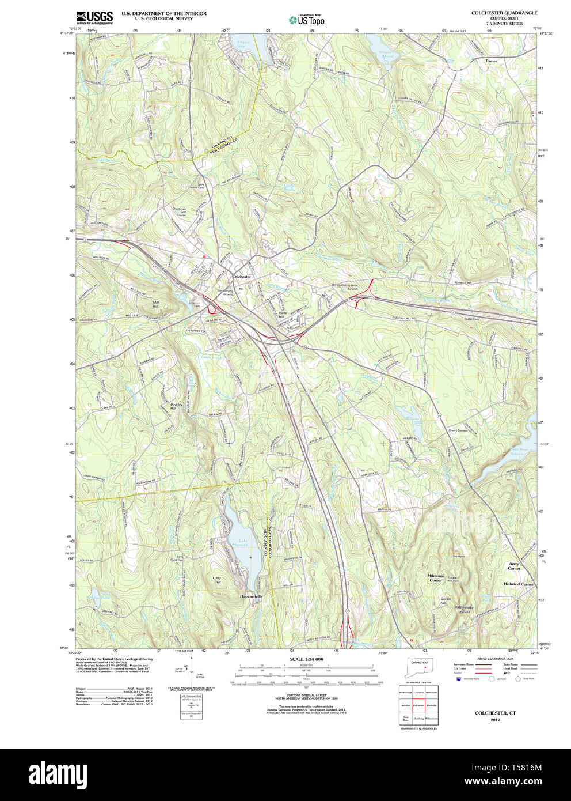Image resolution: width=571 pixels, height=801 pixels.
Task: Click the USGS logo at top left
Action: [x=94, y=17]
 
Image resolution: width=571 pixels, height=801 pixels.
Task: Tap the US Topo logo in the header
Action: [x=307, y=20]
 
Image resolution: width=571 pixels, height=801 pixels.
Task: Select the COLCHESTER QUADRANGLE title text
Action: [x=504, y=13]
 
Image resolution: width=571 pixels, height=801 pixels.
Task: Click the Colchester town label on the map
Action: [x=242, y=277]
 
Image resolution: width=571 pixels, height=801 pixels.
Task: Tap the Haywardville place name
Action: [x=252, y=596]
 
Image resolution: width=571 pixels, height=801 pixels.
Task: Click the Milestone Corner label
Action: [x=436, y=578]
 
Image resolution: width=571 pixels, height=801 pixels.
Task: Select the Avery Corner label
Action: [x=514, y=566]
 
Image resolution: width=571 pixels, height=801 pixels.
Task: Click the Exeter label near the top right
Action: [x=491, y=61]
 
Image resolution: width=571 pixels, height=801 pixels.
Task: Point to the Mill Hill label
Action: [x=155, y=304]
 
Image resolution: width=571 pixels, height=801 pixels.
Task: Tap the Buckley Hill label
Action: [x=176, y=406]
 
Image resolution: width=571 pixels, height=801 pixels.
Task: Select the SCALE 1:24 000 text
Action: [x=306, y=659]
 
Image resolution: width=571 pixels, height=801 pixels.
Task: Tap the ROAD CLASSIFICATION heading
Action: [x=495, y=659]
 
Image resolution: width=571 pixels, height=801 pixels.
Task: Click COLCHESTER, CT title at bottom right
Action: [x=495, y=713]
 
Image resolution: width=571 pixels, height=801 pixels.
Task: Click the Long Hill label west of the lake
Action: [x=216, y=580]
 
